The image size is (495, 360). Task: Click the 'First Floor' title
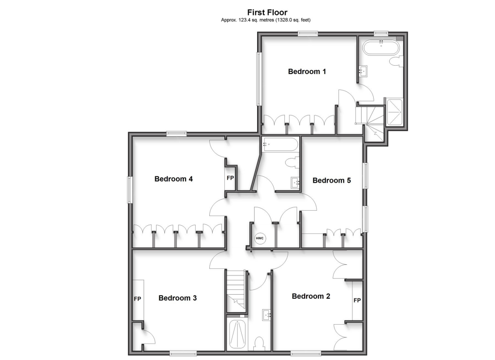coord(267,12)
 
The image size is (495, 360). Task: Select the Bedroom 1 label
coord(307,72)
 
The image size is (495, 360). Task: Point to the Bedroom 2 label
coord(311,296)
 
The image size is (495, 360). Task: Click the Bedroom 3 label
coord(177,298)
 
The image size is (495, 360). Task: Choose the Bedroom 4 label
coord(174,179)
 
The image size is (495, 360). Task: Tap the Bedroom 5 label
coord(332,180)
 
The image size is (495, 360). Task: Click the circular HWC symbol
coord(260,239)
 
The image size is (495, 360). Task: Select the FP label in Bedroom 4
coord(231,178)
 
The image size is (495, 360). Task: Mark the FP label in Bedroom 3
coord(137,299)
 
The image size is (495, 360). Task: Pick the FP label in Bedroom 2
coord(357,301)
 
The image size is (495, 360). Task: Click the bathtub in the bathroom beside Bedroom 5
coord(279,144)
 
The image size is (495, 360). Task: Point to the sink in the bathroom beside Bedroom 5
coord(295,182)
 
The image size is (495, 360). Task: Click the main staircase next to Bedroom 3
coord(237,290)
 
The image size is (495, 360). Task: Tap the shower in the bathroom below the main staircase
coord(237,334)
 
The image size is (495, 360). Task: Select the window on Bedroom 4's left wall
coord(130,190)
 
